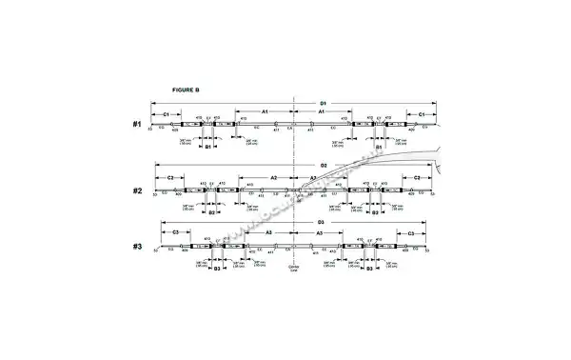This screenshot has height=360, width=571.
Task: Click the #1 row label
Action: pos(137,125)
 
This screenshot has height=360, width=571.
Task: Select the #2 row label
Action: pos(137,190)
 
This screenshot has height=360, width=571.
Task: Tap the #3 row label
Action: pos(137,248)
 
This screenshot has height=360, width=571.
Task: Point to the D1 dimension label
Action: pos(323,102)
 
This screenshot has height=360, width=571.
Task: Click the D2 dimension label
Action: pos(323,166)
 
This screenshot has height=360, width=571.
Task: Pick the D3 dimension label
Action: pos(321,222)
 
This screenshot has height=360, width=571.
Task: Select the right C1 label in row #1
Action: pos(415,113)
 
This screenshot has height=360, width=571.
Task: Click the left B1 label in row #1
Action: pos(207,148)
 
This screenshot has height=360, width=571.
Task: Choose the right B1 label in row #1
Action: pos(378,148)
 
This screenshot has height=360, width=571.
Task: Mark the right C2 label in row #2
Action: pos(416,178)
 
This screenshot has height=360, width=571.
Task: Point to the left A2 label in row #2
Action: pos(273,178)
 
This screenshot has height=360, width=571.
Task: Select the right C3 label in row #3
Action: pos(410,232)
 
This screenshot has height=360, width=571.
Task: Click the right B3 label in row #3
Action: pos(369,270)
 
